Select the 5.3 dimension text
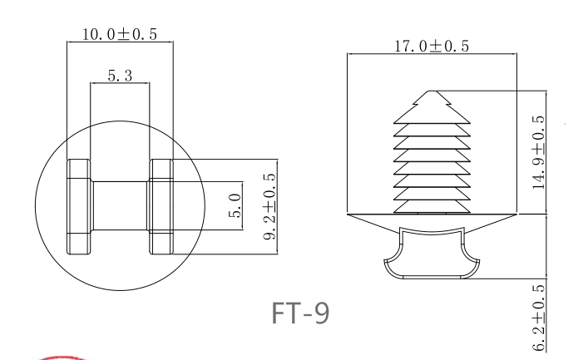[x=120, y=76]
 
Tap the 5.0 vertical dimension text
[x=235, y=205]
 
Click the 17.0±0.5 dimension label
[x=431, y=47]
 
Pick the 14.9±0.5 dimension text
[x=538, y=152]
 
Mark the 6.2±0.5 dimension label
[x=538, y=317]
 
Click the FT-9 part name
[x=300, y=313]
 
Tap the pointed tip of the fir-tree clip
[x=430, y=91]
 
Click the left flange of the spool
[x=78, y=205]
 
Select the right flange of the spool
[x=161, y=205]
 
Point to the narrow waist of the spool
[x=120, y=205]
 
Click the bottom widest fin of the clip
[x=430, y=203]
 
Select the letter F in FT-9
[x=279, y=313]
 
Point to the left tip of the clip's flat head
[x=349, y=215]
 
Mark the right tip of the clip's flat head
[x=512, y=215]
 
